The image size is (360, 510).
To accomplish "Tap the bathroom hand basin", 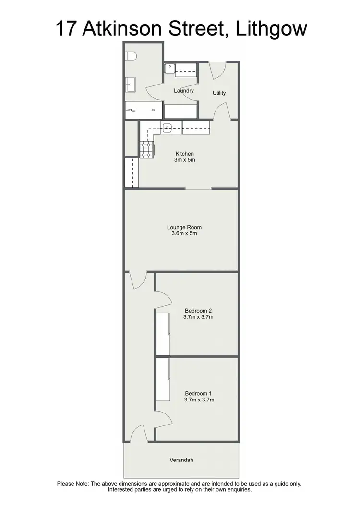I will pos(130,85).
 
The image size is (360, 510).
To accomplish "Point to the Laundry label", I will pos(184,90).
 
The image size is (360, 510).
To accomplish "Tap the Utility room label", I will pos(219,93).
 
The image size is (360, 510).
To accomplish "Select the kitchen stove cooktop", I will pos(146,149).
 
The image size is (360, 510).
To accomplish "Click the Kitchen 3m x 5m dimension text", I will pos(184,160).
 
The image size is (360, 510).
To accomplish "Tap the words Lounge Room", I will pos(184,227).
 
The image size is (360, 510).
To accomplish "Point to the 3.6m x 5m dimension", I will pos(184,234).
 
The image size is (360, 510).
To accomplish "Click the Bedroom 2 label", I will pos(198,310).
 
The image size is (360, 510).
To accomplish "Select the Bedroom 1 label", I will pos(198,393).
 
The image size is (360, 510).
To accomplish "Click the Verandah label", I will pos(181,460).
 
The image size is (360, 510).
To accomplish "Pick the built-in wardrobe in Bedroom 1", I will pos(162,380).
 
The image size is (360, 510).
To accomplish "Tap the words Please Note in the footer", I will pos(73,484).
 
